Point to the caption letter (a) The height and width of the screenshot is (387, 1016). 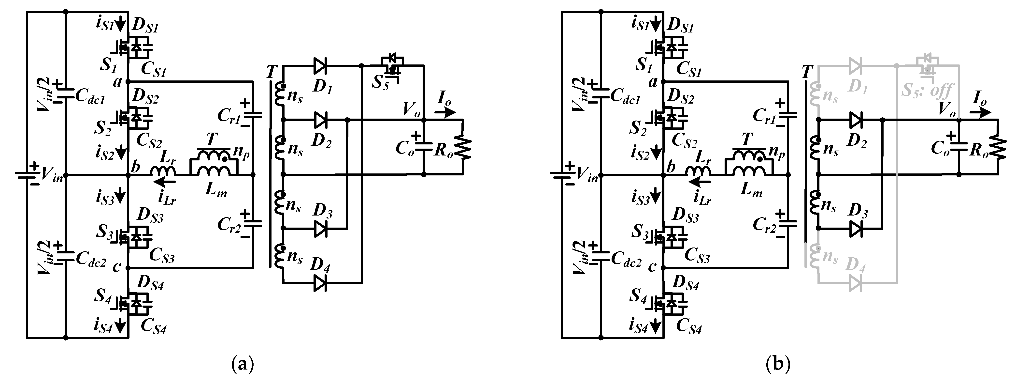(242, 364)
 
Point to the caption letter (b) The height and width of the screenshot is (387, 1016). (777, 364)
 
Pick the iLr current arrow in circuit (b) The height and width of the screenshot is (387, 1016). (700, 182)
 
